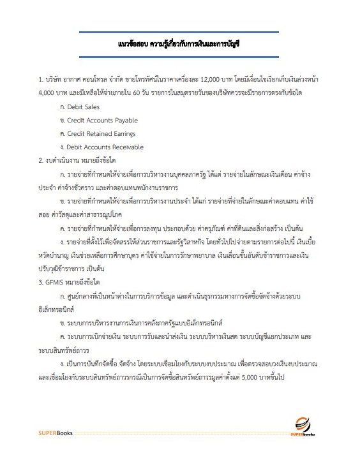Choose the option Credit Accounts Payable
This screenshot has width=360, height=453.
tap(102, 120)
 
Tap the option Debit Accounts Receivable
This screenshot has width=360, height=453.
tap(105, 147)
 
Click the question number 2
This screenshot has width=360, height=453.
tap(40, 160)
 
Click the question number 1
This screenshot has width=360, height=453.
tap(40, 80)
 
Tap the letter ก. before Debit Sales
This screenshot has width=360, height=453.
tap(61, 107)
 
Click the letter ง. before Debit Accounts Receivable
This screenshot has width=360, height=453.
tap(61, 147)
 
